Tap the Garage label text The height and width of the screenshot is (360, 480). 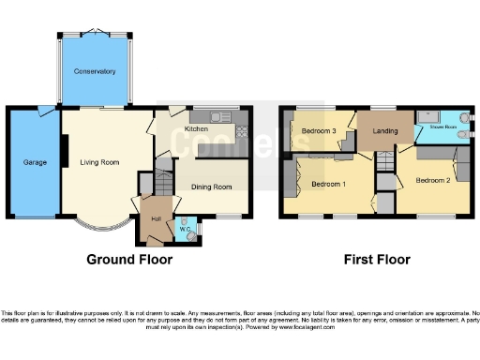click(x=36, y=162)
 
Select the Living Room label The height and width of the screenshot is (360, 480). click(x=99, y=162)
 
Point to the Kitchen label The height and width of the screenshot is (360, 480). click(x=196, y=129)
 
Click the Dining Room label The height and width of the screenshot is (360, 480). click(x=211, y=187)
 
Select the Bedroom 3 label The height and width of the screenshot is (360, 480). click(x=319, y=130)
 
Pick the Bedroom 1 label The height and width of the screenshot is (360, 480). click(x=328, y=184)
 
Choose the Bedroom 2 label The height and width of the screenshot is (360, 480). click(x=434, y=179)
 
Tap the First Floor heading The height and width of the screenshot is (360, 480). click(x=376, y=259)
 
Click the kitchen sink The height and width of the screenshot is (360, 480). click(x=221, y=116)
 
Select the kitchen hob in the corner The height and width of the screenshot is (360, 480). click(x=243, y=129)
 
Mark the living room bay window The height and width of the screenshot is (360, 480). click(x=99, y=226)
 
